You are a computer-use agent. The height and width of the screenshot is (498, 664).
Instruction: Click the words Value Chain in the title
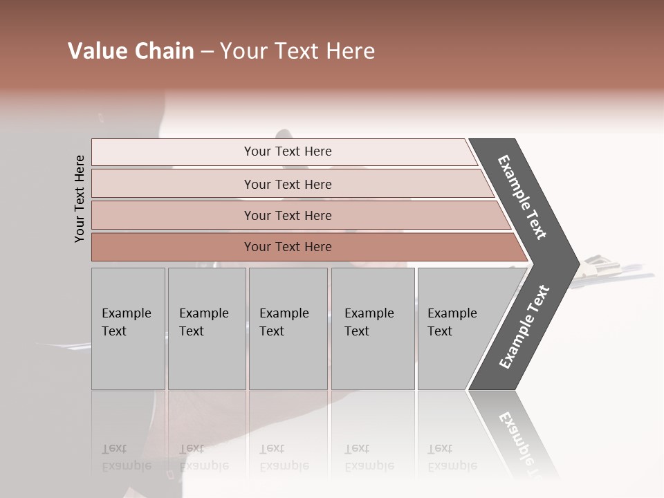point(131,51)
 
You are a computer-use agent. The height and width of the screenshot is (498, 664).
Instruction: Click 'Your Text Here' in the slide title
point(297,51)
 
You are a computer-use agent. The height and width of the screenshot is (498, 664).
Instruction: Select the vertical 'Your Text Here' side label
point(80,199)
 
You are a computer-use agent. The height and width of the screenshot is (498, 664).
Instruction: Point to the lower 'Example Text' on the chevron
point(524,327)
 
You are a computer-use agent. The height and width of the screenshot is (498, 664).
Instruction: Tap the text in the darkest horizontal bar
point(288,247)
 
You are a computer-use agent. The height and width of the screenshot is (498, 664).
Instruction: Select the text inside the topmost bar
point(288,151)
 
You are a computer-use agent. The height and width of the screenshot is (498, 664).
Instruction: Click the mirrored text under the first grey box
point(127,457)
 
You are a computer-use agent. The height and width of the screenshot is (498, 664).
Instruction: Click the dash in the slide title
point(207,52)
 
